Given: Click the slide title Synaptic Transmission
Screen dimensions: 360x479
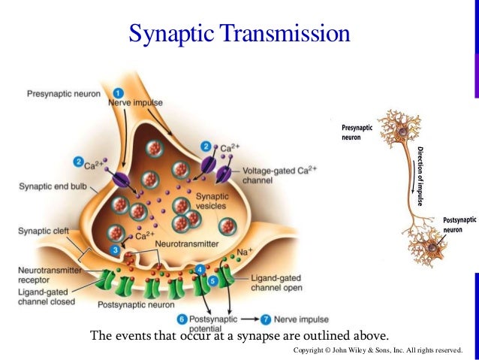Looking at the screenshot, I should [239, 33].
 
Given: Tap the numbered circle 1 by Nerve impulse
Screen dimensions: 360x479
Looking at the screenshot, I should [118, 92].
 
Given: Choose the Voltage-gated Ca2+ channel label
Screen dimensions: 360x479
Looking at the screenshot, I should [280, 176].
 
